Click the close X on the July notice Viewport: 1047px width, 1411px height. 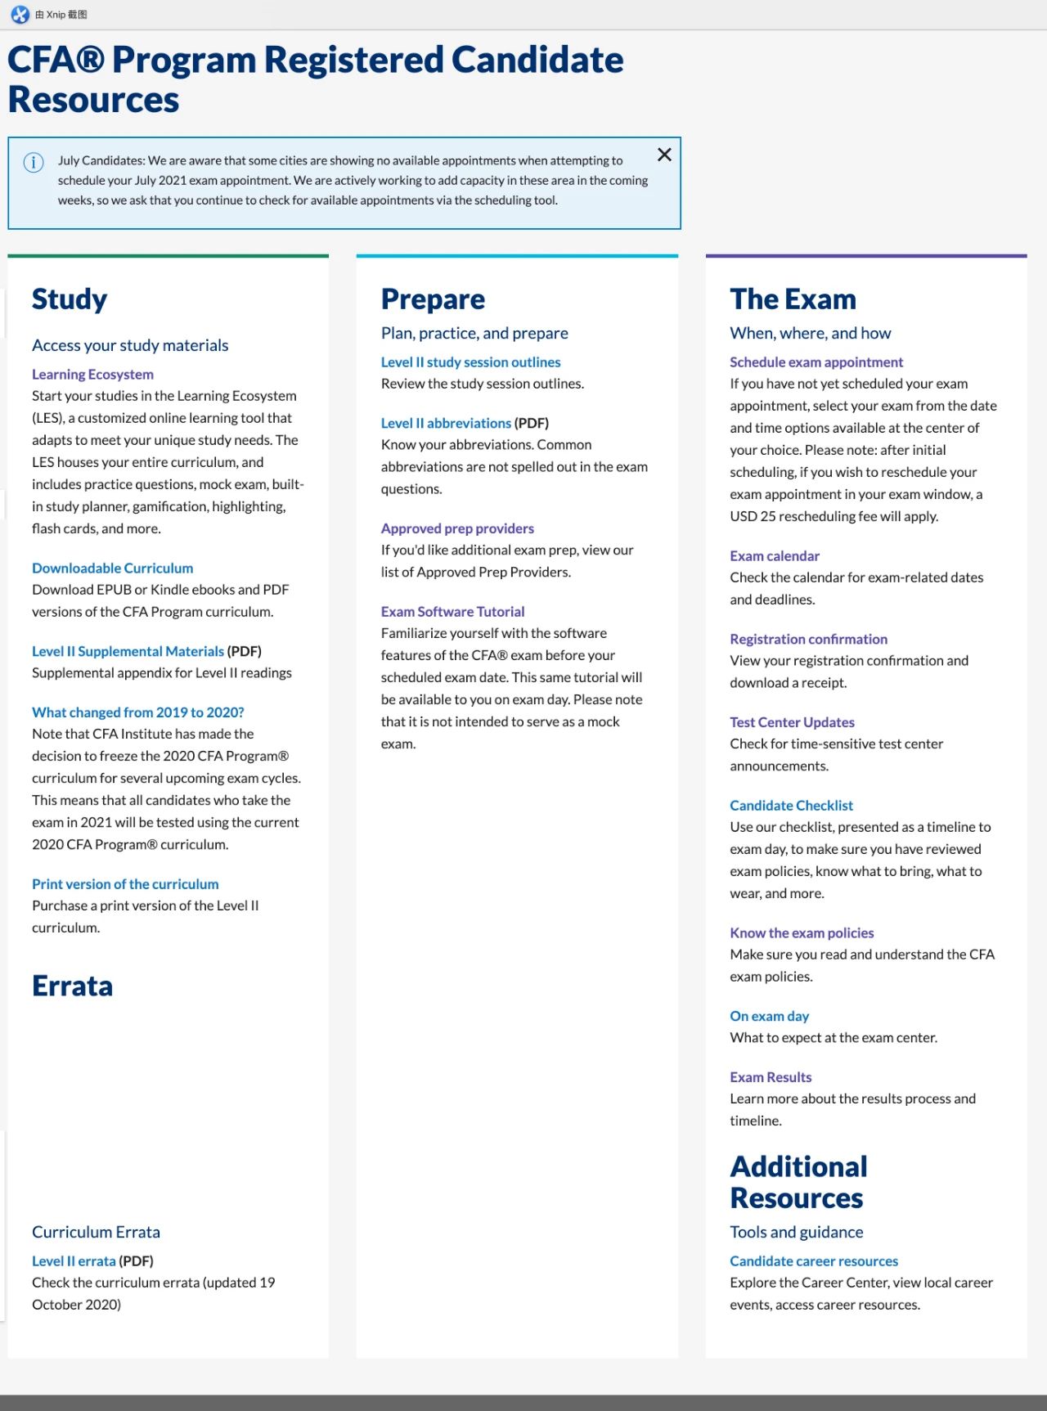pos(664,155)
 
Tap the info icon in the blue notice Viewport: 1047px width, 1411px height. pos(34,162)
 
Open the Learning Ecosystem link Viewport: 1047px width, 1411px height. pos(92,374)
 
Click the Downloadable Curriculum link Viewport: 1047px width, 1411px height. pos(112,568)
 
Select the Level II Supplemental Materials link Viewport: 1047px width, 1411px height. pos(128,651)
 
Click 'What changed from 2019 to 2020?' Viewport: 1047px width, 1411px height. pos(137,712)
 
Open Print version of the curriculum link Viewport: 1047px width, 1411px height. pos(125,883)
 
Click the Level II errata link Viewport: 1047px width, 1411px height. pos(74,1260)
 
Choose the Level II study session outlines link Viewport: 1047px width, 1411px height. pos(470,362)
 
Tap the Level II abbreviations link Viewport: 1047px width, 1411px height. pos(446,423)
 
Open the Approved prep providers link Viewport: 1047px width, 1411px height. pos(457,528)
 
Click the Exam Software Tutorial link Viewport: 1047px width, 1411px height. pos(452,611)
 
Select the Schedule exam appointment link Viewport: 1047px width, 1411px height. pos(816,362)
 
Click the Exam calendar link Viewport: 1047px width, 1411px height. pos(774,555)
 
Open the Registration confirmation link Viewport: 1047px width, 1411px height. pos(808,639)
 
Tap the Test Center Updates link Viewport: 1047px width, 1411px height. pos(792,722)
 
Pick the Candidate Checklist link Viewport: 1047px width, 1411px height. pos(791,805)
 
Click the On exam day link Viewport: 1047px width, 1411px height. pos(769,1016)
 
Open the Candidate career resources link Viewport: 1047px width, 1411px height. pos(814,1260)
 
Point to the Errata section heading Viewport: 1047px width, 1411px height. pos(72,986)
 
